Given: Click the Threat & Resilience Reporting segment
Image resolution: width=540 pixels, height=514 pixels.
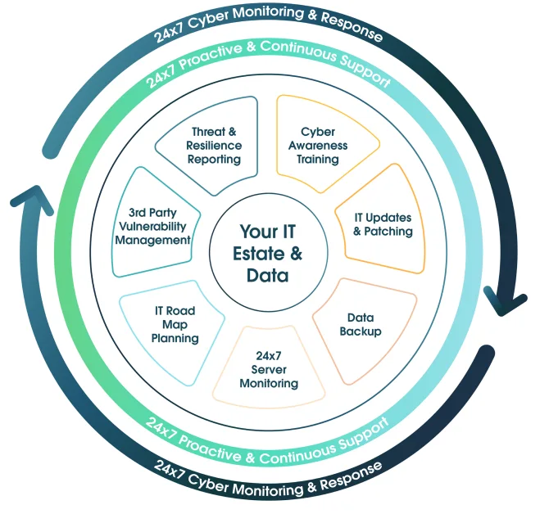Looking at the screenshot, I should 215,147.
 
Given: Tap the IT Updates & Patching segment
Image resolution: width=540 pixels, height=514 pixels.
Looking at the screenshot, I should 383,223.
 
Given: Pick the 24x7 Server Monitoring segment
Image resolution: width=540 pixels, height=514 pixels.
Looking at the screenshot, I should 268,369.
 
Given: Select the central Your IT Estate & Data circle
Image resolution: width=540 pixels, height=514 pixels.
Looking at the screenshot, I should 268,254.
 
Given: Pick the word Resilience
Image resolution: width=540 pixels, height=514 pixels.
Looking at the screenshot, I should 215,146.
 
